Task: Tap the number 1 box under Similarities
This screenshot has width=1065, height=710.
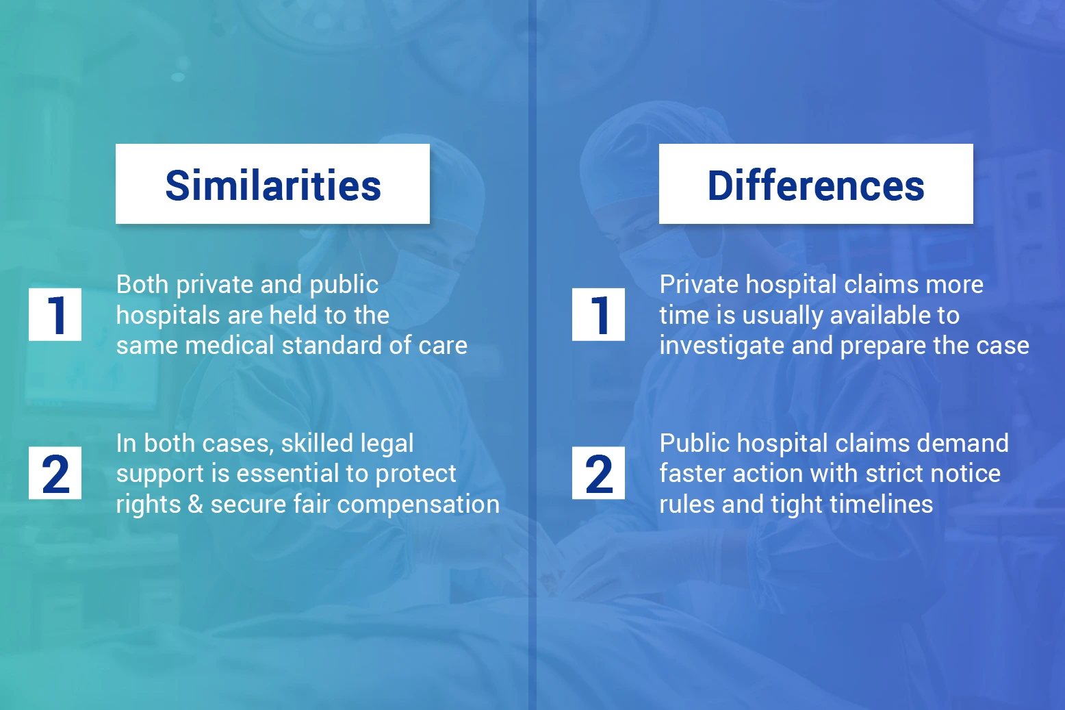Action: point(55,314)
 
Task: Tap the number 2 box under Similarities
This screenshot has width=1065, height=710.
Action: point(55,472)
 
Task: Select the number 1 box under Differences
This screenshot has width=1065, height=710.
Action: point(598,314)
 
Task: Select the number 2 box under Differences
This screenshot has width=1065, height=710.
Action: point(598,472)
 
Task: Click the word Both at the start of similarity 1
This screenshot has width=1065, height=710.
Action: point(142,284)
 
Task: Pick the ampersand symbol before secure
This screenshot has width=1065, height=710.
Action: point(195,504)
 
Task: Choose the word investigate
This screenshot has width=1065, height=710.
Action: point(721,345)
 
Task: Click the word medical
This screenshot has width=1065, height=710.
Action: point(230,345)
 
